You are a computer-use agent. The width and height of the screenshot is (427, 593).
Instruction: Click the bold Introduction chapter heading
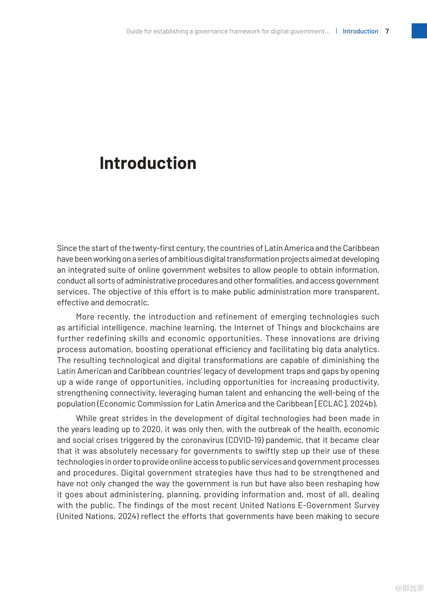(148, 163)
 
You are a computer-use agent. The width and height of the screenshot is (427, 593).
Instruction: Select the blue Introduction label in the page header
(360, 31)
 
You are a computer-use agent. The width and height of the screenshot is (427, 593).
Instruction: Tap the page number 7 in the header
(387, 31)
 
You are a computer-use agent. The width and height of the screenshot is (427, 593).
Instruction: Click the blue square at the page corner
(419, 31)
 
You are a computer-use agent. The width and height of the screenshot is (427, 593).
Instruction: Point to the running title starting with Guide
(228, 31)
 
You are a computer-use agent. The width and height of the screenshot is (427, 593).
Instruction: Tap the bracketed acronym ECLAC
(331, 404)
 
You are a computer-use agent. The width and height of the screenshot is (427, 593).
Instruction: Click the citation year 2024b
(363, 404)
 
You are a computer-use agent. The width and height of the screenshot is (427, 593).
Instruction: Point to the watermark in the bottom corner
(410, 588)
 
